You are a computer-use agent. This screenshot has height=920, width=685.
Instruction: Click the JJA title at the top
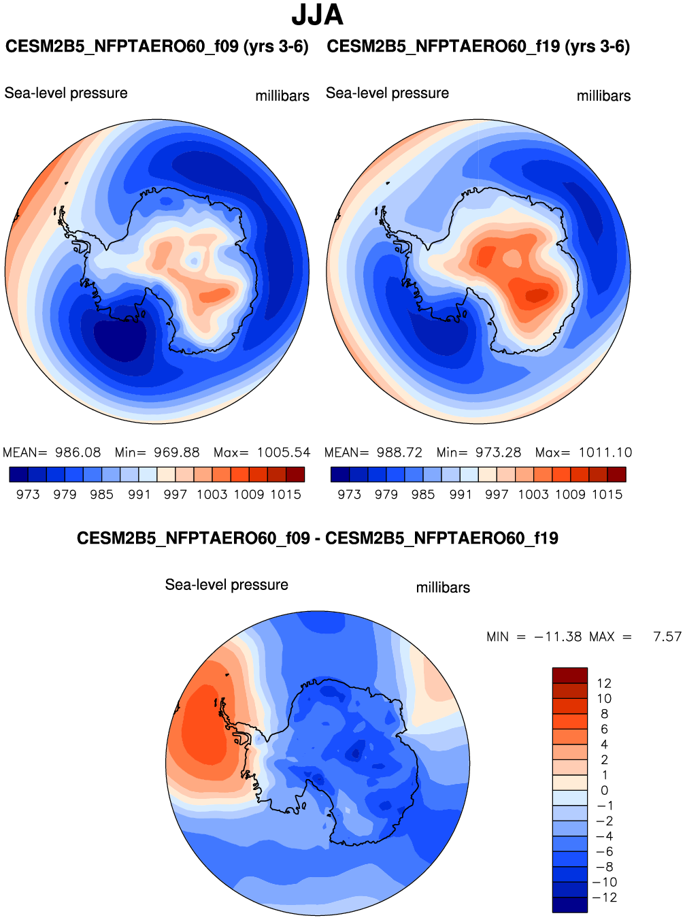[x=317, y=15]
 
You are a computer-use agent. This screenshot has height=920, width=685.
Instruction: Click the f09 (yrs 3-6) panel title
[x=157, y=47]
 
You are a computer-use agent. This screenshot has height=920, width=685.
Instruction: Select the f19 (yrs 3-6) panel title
[x=478, y=47]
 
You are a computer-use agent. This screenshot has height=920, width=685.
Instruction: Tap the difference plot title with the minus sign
[x=317, y=538]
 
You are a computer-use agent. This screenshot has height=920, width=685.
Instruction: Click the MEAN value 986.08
[x=78, y=453]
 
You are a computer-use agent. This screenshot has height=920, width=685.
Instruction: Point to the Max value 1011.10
[x=605, y=453]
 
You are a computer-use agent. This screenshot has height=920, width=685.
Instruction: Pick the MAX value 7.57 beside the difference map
[x=667, y=637]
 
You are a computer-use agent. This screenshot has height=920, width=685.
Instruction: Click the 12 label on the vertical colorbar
[x=604, y=683]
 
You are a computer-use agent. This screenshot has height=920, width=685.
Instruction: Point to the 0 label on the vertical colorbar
[x=604, y=791]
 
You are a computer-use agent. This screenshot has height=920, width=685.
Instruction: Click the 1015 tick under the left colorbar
[x=286, y=495]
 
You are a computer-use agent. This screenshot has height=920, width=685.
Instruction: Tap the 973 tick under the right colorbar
[x=350, y=495]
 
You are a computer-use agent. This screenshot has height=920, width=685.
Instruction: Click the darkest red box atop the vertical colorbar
[x=569, y=675]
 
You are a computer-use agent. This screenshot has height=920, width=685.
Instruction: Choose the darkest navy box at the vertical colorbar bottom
[x=569, y=905]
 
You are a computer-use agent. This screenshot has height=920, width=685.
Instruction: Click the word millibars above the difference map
[x=443, y=588]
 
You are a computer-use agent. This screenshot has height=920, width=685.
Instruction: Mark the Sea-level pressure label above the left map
[x=66, y=93]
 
